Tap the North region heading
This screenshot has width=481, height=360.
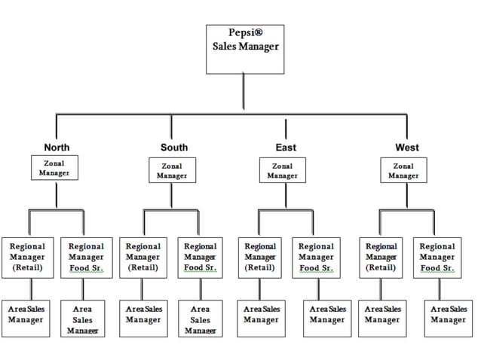tap(57, 148)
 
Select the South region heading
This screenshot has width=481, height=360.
tap(174, 148)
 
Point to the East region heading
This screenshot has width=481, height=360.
tap(286, 148)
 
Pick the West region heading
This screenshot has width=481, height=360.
tap(407, 148)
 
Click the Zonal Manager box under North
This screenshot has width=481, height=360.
tap(54, 168)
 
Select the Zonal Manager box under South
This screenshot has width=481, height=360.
tap(172, 170)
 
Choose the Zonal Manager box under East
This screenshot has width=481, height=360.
tap(282, 170)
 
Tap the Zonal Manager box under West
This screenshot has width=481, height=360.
tap(403, 170)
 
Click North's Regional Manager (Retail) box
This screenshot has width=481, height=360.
tap(28, 257)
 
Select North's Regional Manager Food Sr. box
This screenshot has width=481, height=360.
tap(86, 257)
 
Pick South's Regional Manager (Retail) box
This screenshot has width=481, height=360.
tap(143, 257)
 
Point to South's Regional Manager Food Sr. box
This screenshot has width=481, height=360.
tap(200, 257)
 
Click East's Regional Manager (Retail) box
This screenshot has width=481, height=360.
tap(260, 257)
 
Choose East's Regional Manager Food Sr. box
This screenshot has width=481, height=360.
tap(317, 257)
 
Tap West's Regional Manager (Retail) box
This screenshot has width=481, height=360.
tap(381, 257)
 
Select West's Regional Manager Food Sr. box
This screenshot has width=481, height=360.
tap(437, 257)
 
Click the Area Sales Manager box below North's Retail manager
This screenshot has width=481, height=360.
tap(28, 316)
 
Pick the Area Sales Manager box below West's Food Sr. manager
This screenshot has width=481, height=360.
tap(448, 316)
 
